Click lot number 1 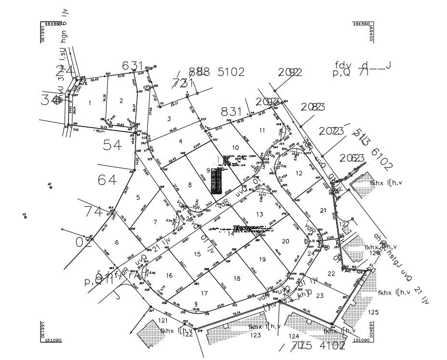pos(90,103)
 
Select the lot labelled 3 pos(169,118)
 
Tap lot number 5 pos(138,197)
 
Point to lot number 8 pos(190,185)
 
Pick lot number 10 pos(236,147)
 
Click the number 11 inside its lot pos(262,130)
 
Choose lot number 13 pos(260,214)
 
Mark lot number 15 pos(197,254)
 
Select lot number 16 pos(169,275)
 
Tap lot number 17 pos(204,294)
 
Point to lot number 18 pos(237,279)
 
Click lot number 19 pos(262,259)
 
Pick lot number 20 pos(285,241)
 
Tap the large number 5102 pos(231,72)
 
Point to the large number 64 pos(107,180)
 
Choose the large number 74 pos(93,211)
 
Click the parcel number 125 pos(373,312)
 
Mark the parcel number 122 pos(187,334)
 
